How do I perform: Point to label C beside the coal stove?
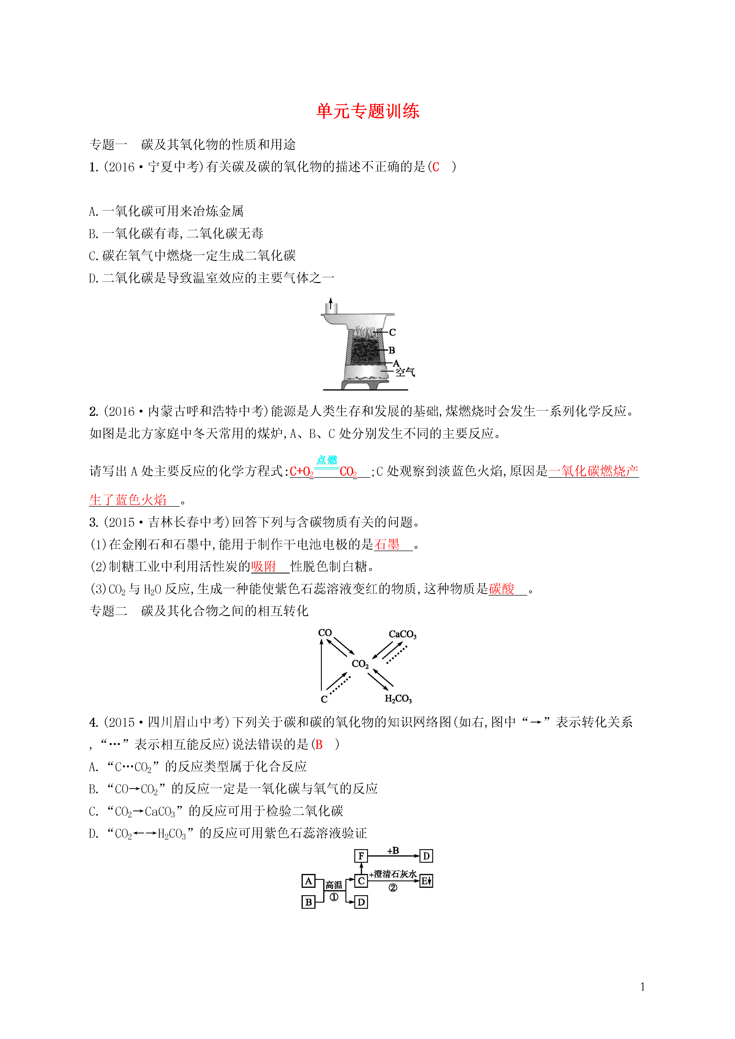[393, 332]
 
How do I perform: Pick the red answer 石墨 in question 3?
[387, 545]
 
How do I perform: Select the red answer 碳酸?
[501, 589]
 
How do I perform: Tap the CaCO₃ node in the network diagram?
[402, 634]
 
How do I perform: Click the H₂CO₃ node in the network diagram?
[398, 699]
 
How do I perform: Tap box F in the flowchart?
[361, 856]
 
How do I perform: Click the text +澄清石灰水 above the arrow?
[393, 874]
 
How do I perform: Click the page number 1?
[643, 987]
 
